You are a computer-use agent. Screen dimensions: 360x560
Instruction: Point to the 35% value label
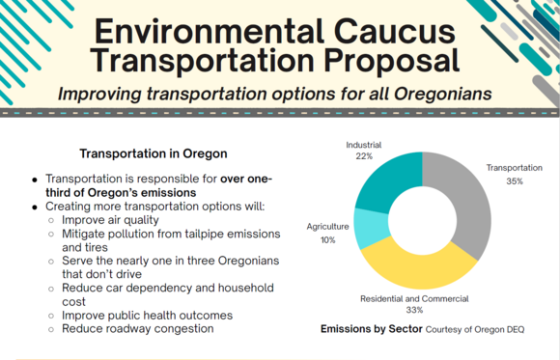(514, 180)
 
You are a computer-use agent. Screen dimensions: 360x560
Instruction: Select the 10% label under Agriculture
(329, 239)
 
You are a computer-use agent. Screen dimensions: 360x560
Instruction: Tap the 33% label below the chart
(415, 311)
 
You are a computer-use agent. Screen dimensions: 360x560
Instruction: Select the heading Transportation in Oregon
(153, 153)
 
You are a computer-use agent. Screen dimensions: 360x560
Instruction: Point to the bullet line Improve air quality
(115, 220)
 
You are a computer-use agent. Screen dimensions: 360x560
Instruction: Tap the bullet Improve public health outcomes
(145, 315)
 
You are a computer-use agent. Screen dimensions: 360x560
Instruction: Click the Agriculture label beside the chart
(328, 227)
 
